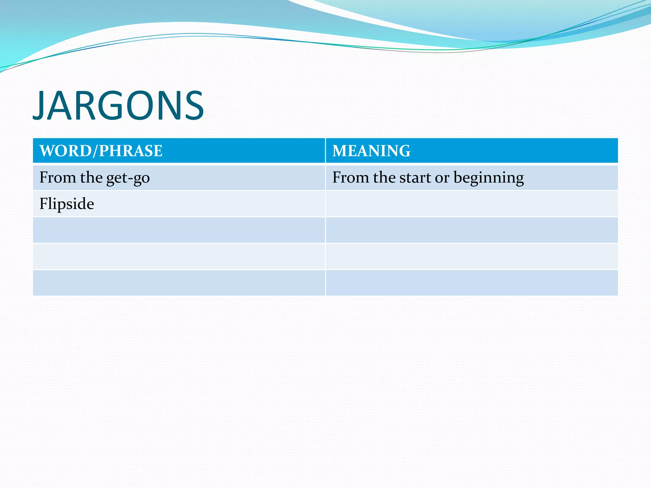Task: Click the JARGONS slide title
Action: point(118,105)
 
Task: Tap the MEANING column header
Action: point(371,151)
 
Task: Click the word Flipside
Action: point(66,204)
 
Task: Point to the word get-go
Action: point(128,178)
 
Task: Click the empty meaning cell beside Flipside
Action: point(471,204)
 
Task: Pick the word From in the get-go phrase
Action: point(58,177)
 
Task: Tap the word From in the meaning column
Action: point(351,177)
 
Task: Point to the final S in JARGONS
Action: point(193,105)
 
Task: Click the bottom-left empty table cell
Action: point(179,283)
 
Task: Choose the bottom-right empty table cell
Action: point(471,283)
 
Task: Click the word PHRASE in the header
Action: point(130,151)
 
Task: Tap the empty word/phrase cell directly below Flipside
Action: point(179,230)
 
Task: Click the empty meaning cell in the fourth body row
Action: point(471,256)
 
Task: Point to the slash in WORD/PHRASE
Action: point(95,151)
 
